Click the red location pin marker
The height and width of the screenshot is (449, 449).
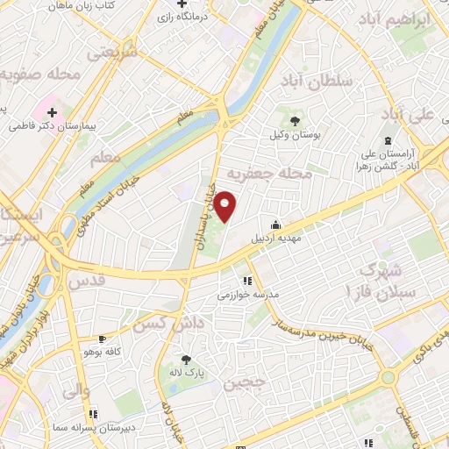coord(226,206)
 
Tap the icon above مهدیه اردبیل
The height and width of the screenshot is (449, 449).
coord(276,224)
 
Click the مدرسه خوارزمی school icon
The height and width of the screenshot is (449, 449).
coord(247,281)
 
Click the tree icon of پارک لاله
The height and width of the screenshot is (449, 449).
coord(185,359)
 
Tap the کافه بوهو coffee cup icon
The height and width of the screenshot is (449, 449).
coord(102,339)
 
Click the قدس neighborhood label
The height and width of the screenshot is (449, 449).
coord(86,282)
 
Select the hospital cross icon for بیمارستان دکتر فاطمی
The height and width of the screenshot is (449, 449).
coord(53,112)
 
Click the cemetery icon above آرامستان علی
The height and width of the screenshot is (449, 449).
coord(388,140)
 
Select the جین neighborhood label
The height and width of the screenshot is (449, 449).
coord(243,383)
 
